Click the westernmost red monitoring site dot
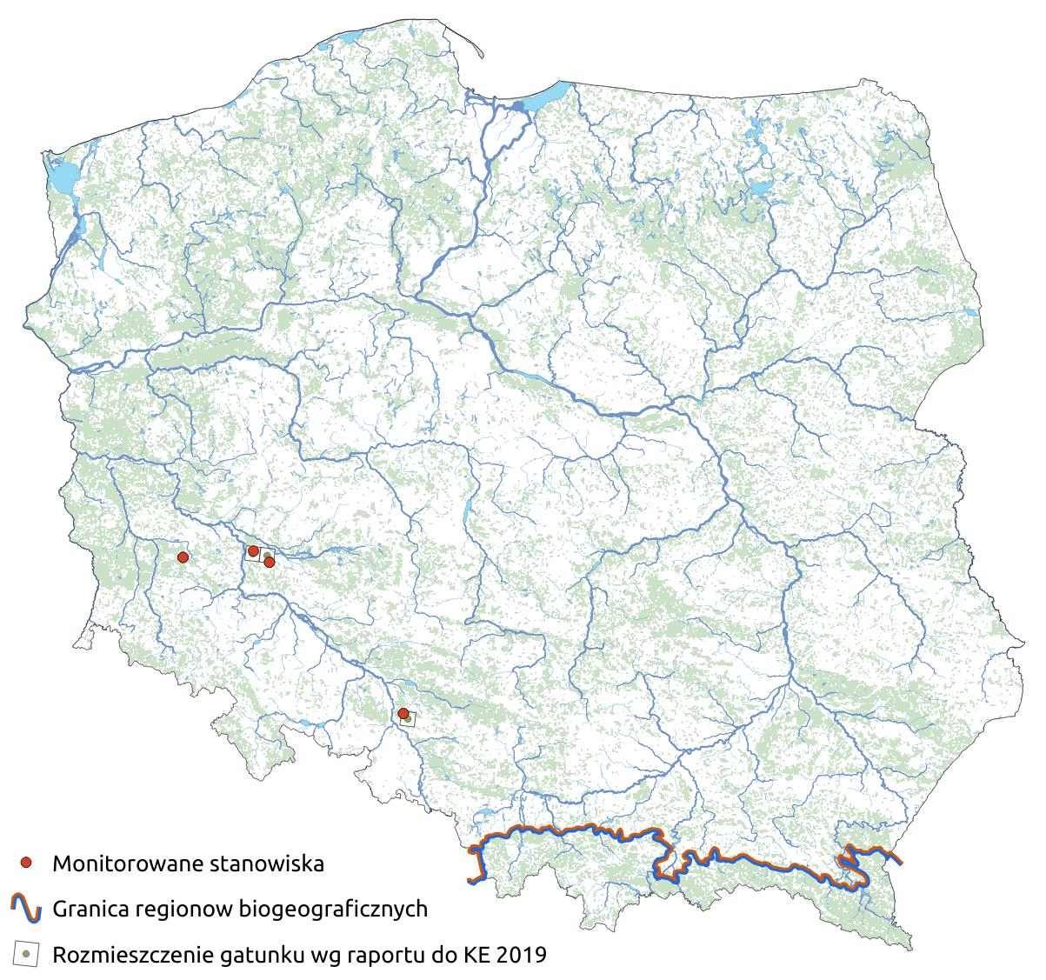[183, 557]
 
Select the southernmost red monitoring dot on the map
[403, 714]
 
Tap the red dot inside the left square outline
[253, 551]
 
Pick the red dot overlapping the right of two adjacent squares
[270, 562]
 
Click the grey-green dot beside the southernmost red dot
[408, 719]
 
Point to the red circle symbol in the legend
[27, 863]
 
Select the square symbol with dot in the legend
[27, 954]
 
